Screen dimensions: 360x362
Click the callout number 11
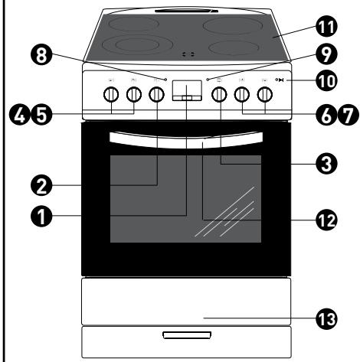(x=326, y=27)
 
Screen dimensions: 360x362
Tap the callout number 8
(x=41, y=55)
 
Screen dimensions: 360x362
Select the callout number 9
(x=326, y=55)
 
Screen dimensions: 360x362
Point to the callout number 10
(x=326, y=81)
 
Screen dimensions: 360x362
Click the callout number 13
(x=326, y=319)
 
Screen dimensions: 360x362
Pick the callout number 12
(x=326, y=220)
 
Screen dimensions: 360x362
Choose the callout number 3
(x=326, y=164)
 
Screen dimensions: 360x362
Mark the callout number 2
(x=41, y=185)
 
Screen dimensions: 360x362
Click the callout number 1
(x=41, y=217)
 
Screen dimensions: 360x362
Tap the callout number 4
(x=19, y=115)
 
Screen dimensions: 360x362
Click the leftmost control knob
(x=111, y=95)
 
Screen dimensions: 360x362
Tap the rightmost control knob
(x=265, y=95)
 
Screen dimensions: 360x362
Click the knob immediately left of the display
(x=156, y=95)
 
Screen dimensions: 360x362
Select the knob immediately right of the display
(x=219, y=95)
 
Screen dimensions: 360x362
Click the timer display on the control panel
(x=187, y=90)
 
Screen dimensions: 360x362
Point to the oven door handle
(x=186, y=140)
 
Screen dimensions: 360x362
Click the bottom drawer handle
(x=187, y=335)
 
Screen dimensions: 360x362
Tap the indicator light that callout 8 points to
(x=165, y=80)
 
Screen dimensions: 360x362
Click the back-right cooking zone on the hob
(x=233, y=26)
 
